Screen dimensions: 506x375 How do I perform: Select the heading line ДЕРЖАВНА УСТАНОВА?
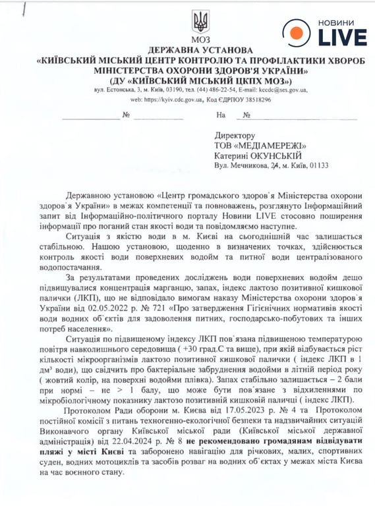tap(200, 50)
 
